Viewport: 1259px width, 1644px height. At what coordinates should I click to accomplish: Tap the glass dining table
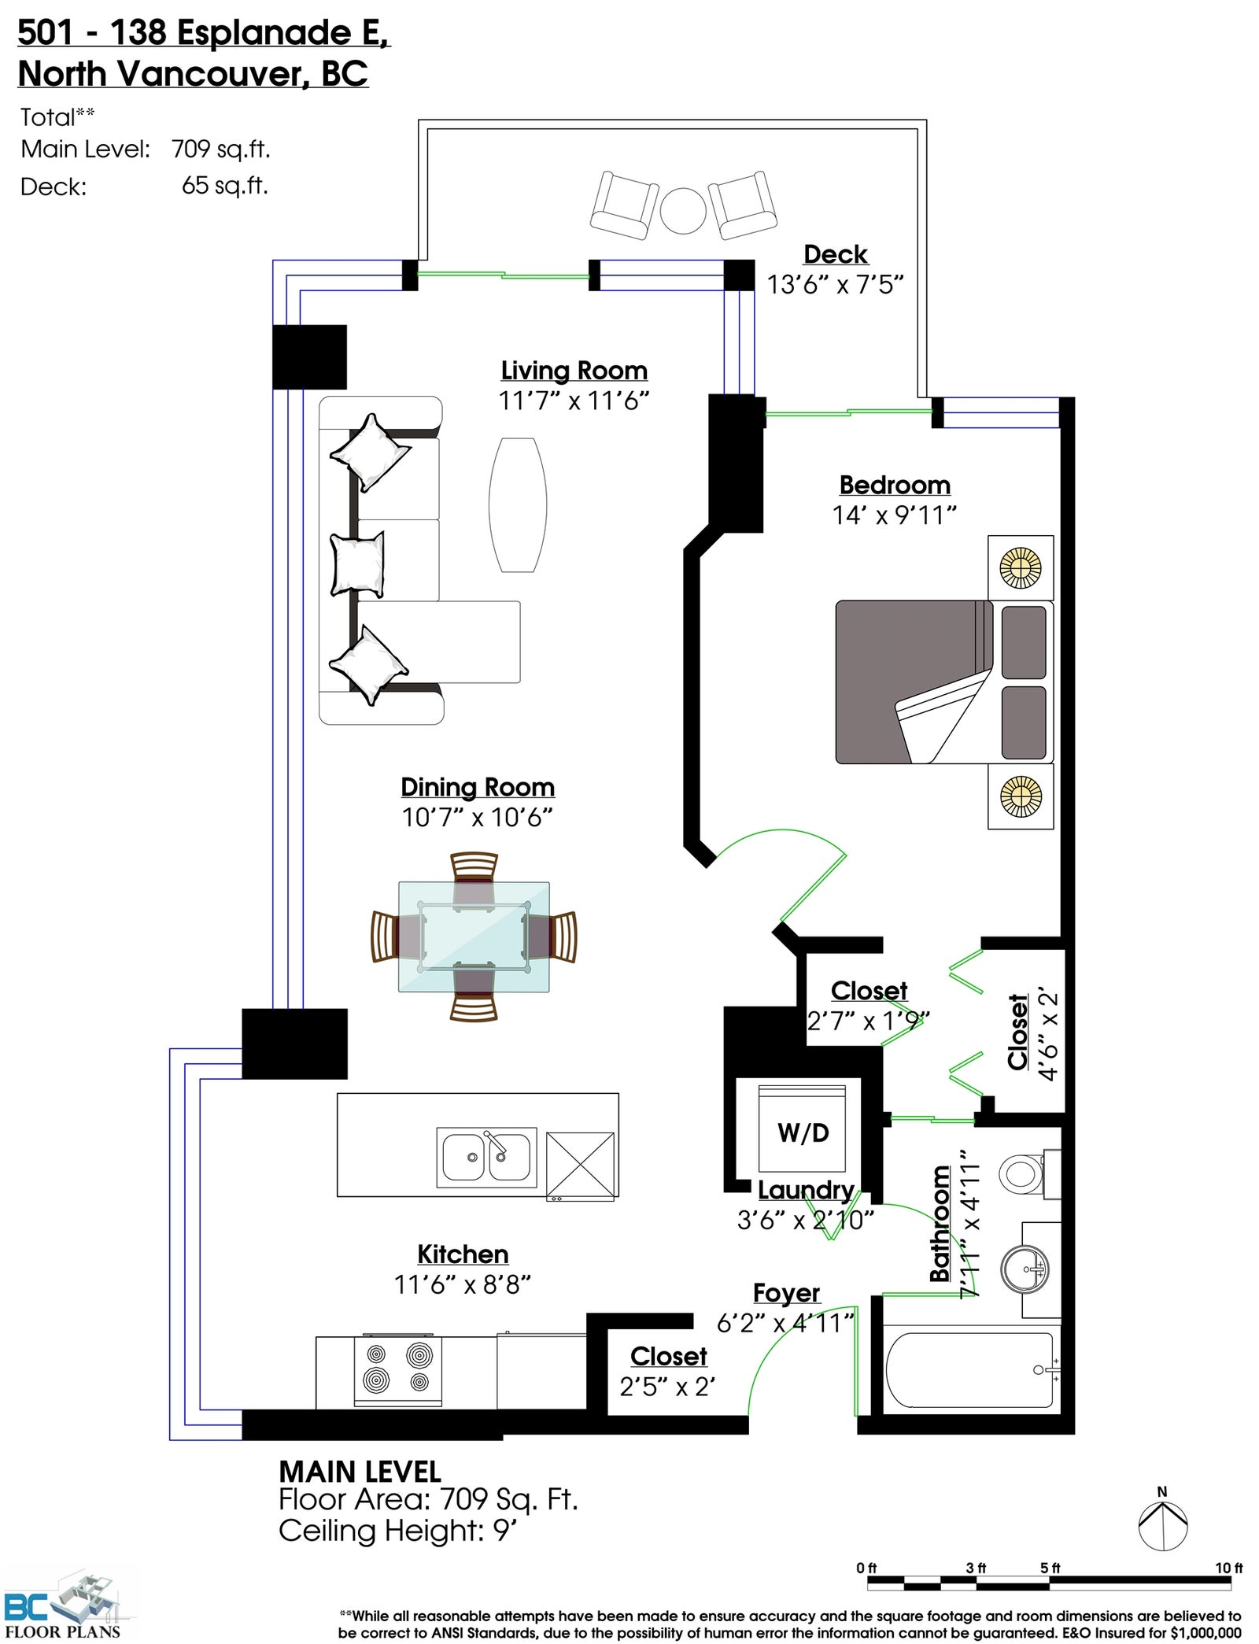coord(474,937)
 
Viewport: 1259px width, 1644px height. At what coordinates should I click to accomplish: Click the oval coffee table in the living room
coord(518,504)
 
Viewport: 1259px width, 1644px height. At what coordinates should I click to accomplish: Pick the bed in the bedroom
coord(944,682)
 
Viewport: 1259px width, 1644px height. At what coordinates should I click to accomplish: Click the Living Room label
coord(574,370)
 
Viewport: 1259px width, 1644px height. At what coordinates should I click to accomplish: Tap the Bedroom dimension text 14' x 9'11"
coord(895,515)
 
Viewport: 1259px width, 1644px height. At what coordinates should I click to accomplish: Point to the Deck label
coord(836,254)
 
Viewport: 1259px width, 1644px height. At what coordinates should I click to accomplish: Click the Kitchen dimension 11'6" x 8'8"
coord(463,1284)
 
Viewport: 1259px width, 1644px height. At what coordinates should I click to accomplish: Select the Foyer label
coord(786,1292)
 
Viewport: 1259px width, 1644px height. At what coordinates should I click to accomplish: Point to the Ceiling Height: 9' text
coord(397,1531)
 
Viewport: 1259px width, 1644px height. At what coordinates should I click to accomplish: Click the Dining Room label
coord(478,787)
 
